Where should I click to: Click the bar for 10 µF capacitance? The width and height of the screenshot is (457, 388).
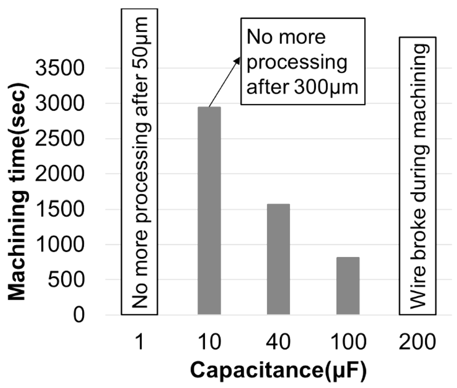pos(209,210)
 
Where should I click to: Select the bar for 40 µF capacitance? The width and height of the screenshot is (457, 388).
pos(278,259)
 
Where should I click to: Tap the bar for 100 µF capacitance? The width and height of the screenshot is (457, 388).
pos(347,286)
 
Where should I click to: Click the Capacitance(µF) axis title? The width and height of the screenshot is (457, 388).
pos(278,370)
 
